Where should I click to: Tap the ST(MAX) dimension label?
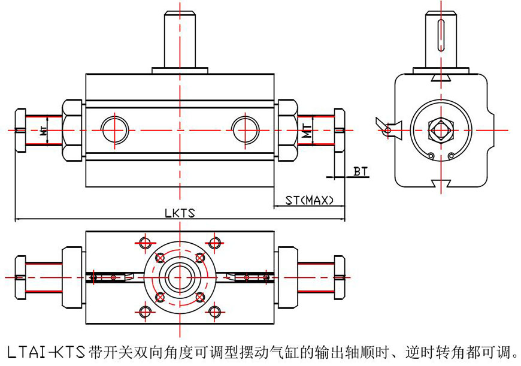[x=308, y=200]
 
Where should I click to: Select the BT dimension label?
[x=361, y=172]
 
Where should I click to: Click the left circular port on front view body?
[x=114, y=129]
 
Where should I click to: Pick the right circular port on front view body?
[x=246, y=129]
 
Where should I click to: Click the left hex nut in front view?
[x=72, y=129]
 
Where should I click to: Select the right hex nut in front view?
[x=286, y=129]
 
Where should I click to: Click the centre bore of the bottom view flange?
[x=179, y=277]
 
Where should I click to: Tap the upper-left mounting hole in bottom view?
[x=144, y=243]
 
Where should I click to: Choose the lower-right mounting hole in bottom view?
[x=214, y=311]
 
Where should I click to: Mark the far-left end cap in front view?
[x=20, y=130]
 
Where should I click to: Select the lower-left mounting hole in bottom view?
[x=144, y=311]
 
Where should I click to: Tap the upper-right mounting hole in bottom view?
[x=214, y=243]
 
